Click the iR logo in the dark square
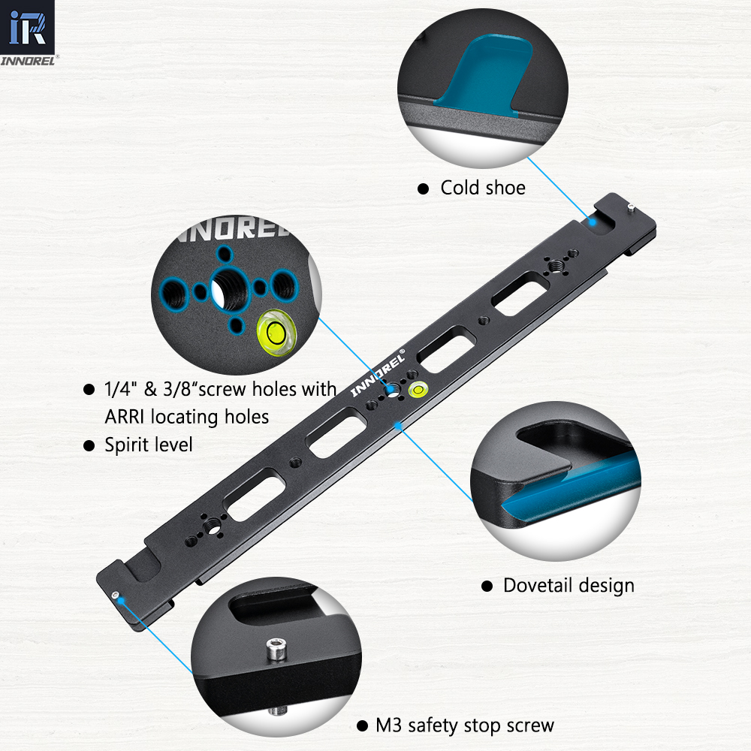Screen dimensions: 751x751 [27, 27]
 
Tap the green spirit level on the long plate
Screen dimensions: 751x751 [418, 390]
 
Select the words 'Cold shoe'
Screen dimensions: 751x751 [483, 188]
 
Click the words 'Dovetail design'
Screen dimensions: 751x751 [569, 586]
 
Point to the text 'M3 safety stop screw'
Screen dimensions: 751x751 [465, 725]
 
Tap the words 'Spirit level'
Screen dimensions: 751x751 [149, 445]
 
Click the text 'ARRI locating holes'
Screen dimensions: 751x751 [187, 417]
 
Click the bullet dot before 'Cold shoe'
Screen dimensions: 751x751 [423, 189]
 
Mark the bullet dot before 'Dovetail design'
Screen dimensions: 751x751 [487, 587]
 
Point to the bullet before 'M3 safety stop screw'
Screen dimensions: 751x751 [363, 726]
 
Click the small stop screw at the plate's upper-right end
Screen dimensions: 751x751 [631, 207]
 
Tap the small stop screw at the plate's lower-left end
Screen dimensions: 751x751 [115, 596]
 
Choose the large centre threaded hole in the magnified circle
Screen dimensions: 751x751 [229, 289]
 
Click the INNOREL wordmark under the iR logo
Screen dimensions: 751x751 [28, 61]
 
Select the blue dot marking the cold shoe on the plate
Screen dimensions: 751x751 [593, 222]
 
